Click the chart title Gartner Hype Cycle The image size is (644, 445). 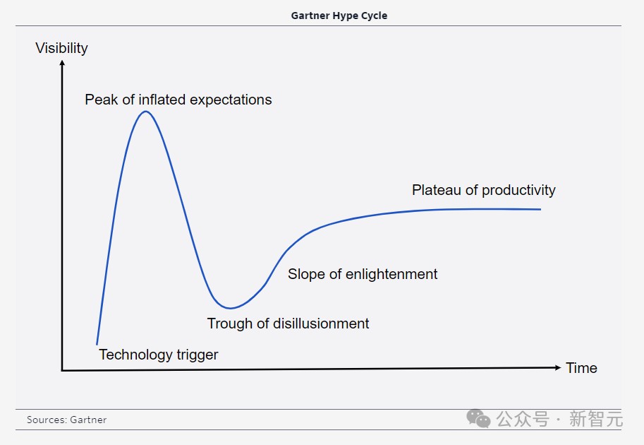(339, 16)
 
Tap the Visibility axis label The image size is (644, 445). (61, 48)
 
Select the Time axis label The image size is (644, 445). (581, 368)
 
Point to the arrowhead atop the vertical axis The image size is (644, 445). (62, 63)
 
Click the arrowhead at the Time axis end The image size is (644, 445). (558, 367)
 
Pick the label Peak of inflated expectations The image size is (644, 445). (178, 100)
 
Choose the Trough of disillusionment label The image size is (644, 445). (288, 324)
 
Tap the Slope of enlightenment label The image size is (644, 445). (363, 274)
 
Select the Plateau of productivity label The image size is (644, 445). (483, 190)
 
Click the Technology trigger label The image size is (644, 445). (159, 355)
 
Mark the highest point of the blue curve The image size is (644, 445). (146, 112)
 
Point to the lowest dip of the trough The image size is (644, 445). (230, 308)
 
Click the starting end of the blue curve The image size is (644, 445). (97, 344)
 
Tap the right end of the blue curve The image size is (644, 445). (540, 209)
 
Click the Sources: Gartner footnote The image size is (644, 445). (66, 420)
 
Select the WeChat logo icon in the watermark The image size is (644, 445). (478, 419)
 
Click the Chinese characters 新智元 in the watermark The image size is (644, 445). (595, 419)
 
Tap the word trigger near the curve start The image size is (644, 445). (198, 355)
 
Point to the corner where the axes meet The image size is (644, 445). (62, 371)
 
